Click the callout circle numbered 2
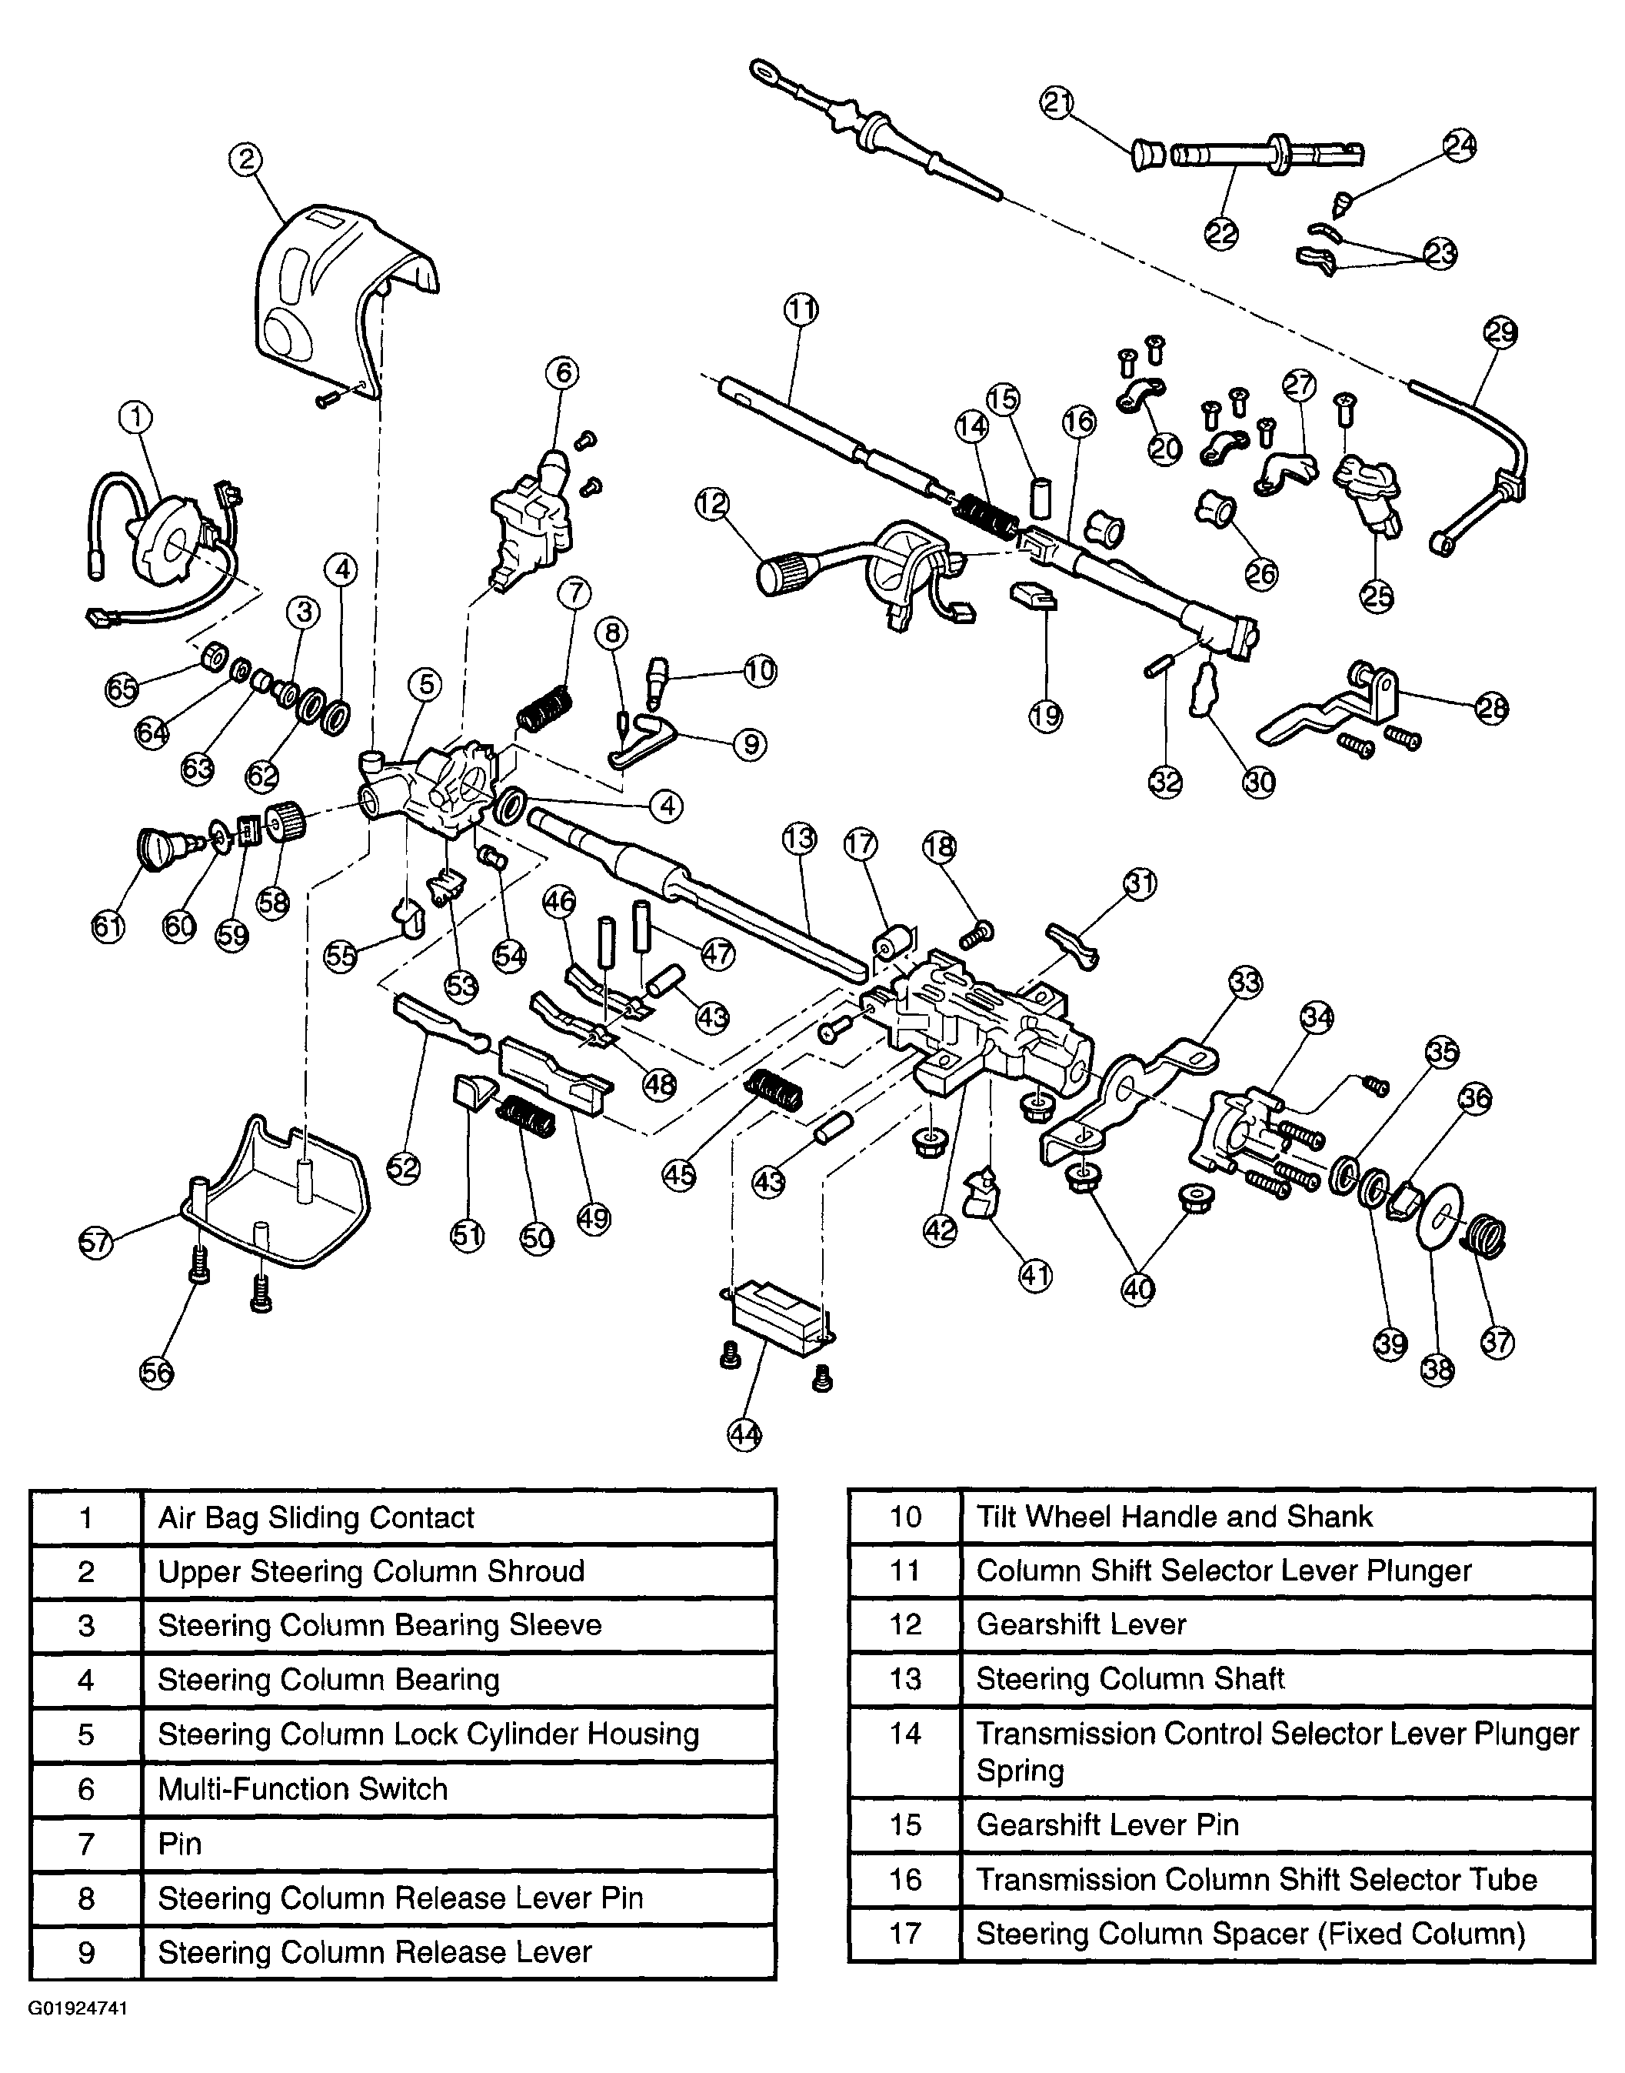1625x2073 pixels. tap(246, 159)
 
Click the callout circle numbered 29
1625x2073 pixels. tap(1500, 333)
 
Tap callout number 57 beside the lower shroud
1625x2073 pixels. tap(96, 1242)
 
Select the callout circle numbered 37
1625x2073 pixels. tap(1497, 1342)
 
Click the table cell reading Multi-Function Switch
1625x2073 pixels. tap(302, 1789)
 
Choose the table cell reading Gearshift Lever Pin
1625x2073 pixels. tap(1107, 1824)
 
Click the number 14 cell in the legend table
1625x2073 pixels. tap(905, 1733)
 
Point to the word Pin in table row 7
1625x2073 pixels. tap(180, 1844)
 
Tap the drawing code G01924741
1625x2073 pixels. tap(77, 2008)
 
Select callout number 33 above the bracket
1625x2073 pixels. tap(1245, 981)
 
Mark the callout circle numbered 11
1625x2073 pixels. tap(801, 309)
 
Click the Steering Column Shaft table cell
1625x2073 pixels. tap(1131, 1678)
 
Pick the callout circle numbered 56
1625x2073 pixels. tap(157, 1373)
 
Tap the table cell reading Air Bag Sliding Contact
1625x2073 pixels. tap(316, 1517)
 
